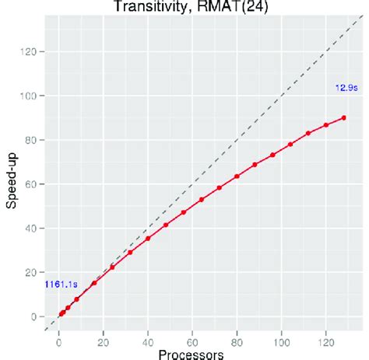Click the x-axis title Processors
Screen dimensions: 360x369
192,354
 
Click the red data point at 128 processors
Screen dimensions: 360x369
344,117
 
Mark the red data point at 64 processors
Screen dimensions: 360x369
202,200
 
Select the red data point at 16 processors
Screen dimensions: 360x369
94,283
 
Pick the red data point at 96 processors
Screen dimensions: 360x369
272,155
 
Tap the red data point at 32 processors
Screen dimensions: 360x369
130,252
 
